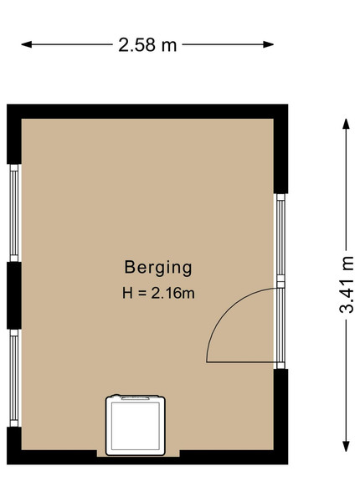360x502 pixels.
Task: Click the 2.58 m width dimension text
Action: [147, 45]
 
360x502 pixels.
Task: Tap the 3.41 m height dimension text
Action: [347, 284]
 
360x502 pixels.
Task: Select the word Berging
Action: [158, 268]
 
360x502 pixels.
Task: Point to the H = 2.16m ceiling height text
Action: [158, 293]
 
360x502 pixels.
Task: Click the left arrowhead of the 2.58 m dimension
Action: [26, 44]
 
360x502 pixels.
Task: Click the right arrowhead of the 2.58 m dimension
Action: [269, 44]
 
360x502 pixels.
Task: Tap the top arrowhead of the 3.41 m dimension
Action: [346, 124]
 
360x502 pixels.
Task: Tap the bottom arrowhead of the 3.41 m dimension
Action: [346, 446]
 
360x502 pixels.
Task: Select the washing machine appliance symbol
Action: [136, 425]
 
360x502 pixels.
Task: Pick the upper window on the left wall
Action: [14, 213]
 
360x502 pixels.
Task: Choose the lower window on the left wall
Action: [14, 378]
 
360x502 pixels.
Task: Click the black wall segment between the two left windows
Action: [14, 295]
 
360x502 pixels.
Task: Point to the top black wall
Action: [147, 111]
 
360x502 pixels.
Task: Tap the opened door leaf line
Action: [242, 362]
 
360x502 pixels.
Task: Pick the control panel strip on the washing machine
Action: [135, 398]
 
